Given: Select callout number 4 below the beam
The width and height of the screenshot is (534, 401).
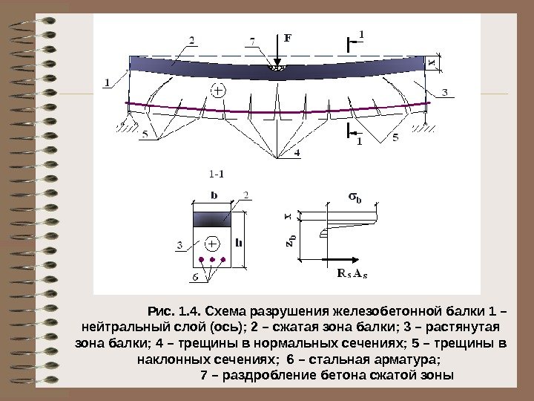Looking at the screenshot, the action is tap(297, 153).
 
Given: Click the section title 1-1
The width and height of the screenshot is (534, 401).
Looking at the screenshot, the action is tap(217, 175).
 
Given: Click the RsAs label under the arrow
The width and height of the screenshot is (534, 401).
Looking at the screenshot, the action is tap(352, 273).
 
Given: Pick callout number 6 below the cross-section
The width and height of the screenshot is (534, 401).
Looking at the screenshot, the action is tap(195, 277).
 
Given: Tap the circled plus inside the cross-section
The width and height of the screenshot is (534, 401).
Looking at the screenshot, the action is tap(213, 244).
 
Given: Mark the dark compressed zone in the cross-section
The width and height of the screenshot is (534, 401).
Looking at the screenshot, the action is tap(213, 219).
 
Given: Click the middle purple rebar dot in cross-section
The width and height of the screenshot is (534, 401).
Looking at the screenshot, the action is tap(213, 261).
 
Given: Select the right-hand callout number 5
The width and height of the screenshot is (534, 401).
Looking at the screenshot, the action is tap(395, 136).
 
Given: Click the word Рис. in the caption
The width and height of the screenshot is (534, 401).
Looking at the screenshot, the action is tap(159, 310).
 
